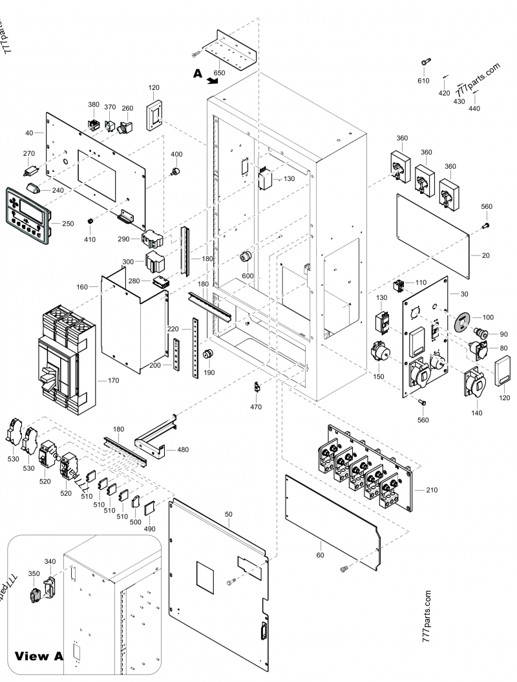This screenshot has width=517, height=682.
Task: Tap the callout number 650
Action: point(220,73)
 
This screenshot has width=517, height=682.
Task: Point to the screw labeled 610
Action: point(425,61)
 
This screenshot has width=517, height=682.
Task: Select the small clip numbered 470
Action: point(257,388)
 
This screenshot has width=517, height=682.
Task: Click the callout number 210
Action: point(432,490)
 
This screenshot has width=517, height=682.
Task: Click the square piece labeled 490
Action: point(149,507)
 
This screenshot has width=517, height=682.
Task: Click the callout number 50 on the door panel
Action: point(227,513)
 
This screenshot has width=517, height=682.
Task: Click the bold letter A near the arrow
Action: point(198,74)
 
